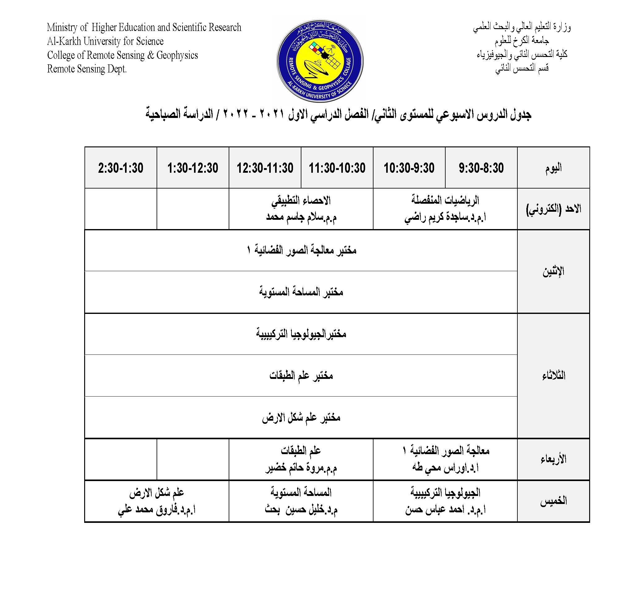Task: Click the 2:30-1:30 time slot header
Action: tap(120, 168)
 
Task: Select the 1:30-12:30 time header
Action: tap(192, 168)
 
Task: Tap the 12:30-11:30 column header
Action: tap(265, 168)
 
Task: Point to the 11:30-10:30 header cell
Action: tap(337, 168)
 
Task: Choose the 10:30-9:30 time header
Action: tap(409, 168)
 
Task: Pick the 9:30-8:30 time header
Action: tap(481, 168)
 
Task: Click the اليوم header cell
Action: tap(553, 168)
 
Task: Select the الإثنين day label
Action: tap(553, 271)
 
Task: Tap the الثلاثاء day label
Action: tap(553, 375)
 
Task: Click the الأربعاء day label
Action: tap(553, 459)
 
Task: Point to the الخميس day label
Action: tap(553, 501)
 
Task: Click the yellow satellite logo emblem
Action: tap(320, 60)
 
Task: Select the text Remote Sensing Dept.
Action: tap(87, 69)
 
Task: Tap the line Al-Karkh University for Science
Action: tap(105, 41)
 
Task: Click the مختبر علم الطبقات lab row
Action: tap(301, 375)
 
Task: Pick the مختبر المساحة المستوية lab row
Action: tap(301, 292)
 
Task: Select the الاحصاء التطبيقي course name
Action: tap(301, 201)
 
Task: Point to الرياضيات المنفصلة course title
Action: tap(445, 200)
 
